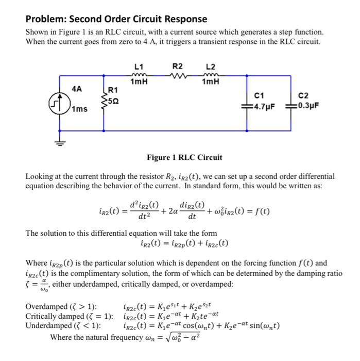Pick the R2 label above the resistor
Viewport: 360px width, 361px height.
pyautogui.click(x=177, y=67)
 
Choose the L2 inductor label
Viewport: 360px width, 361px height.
pyautogui.click(x=211, y=67)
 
